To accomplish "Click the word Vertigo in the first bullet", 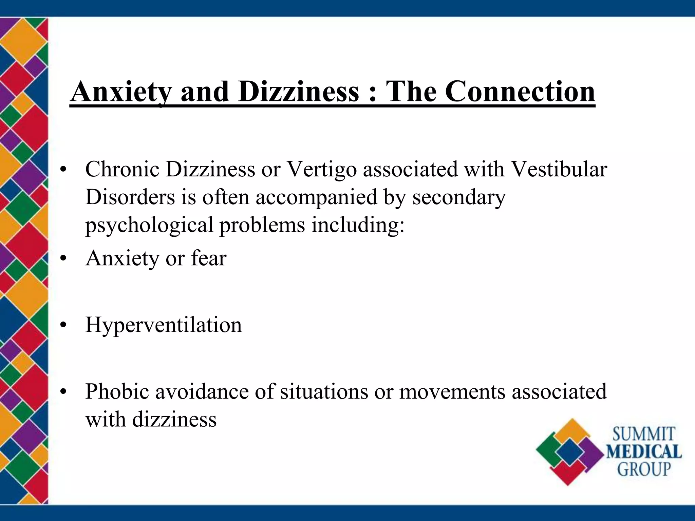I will tap(322, 169).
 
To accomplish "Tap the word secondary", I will tap(459, 197).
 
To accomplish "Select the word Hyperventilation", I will tap(164, 325).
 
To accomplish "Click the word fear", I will tap(209, 258).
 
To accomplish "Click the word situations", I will tap(324, 391).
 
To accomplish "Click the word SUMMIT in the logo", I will tap(644, 435).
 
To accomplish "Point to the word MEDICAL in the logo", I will tap(644, 452).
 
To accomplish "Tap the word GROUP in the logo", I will tap(644, 469).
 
